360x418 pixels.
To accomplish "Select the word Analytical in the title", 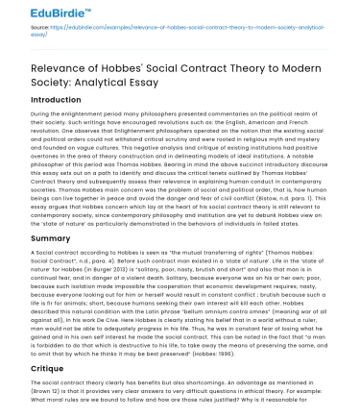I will (x=95, y=87).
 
